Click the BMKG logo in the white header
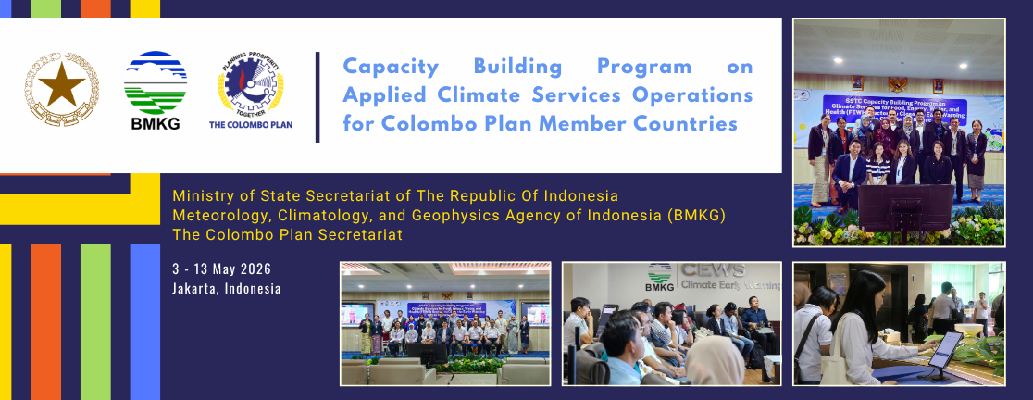click(156, 91)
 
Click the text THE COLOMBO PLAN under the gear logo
click(251, 123)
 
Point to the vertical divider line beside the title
click(317, 96)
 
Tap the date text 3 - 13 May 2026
click(222, 269)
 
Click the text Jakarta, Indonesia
click(226, 288)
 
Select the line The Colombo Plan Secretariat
click(287, 235)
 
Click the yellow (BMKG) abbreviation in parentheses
click(697, 216)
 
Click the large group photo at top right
click(899, 132)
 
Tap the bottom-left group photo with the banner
click(445, 323)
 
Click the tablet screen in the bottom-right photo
click(946, 348)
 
